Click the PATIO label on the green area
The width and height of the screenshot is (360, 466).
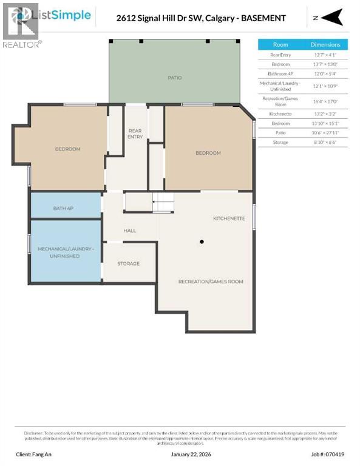click(175, 78)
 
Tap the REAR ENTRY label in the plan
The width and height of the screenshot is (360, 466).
click(135, 133)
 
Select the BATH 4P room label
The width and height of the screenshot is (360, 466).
click(64, 208)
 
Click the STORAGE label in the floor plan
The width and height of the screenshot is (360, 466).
click(128, 263)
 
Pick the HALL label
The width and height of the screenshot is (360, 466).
click(129, 231)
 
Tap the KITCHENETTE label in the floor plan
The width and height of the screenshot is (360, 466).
click(229, 218)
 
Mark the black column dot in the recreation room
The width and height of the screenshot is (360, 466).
click(202, 241)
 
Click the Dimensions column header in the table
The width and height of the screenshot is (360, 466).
click(325, 44)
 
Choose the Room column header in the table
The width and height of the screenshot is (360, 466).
click(280, 44)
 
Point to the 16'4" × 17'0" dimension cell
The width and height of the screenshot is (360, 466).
click(325, 101)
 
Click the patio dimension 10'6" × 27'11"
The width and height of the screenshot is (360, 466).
click(325, 132)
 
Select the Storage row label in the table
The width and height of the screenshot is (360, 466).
click(280, 142)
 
